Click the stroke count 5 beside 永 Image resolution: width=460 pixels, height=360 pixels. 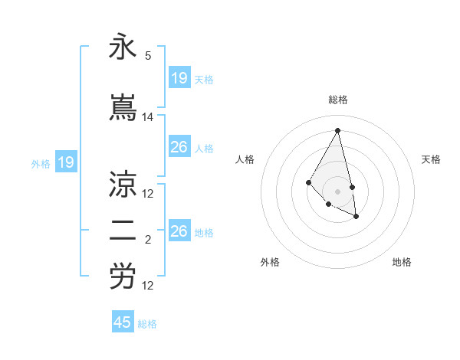tap(148, 56)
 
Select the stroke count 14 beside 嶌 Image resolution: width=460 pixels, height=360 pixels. tap(148, 117)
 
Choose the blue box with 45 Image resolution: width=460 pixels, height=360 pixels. tap(123, 322)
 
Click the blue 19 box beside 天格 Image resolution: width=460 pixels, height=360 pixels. tap(179, 78)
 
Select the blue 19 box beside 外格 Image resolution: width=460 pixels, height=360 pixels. tap(65, 162)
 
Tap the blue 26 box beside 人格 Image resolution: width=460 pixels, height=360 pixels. tap(179, 147)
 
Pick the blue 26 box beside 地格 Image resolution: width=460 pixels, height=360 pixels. tap(179, 231)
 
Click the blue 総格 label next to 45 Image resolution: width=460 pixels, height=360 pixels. tap(147, 324)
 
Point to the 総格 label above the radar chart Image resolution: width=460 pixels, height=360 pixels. tap(338, 100)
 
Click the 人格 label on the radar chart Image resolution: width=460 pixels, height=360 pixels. tap(245, 159)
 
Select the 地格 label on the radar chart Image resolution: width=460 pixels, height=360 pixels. tap(402, 262)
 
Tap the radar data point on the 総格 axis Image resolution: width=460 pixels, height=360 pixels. tap(337, 130)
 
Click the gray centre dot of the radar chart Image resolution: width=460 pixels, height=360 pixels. tap(337, 191)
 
